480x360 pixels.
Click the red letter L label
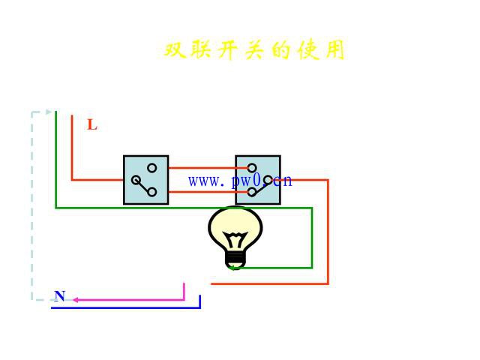pyautogui.click(x=92, y=125)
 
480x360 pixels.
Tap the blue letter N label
pyautogui.click(x=59, y=295)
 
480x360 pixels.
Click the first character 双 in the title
pyautogui.click(x=175, y=50)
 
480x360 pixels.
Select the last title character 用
pyautogui.click(x=334, y=50)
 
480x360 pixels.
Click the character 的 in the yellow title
pyautogui.click(x=280, y=50)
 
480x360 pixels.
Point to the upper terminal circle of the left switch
pyautogui.click(x=152, y=167)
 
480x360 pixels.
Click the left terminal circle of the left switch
pyautogui.click(x=134, y=180)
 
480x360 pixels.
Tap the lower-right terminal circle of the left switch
pyautogui.click(x=152, y=192)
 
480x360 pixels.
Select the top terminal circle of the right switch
pyautogui.click(x=253, y=168)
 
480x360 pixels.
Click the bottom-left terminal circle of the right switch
pyautogui.click(x=253, y=193)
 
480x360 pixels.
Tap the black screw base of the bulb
pyautogui.click(x=235, y=259)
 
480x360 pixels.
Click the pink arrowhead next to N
pyautogui.click(x=76, y=300)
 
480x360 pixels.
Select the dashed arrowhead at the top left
pyautogui.click(x=49, y=112)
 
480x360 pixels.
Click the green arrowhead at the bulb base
pyautogui.click(x=232, y=267)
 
